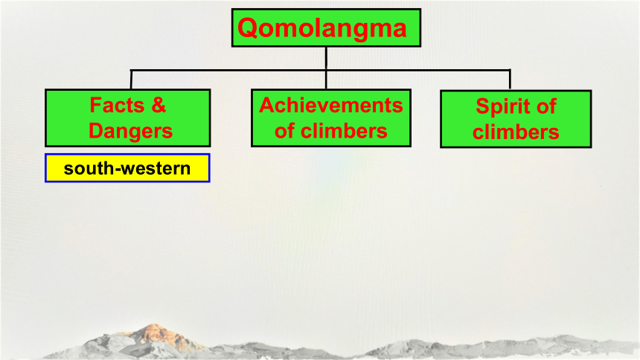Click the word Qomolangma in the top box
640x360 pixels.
coord(321,28)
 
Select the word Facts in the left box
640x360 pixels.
coord(117,105)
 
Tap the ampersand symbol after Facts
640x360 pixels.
coord(159,105)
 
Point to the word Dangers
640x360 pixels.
coord(131,131)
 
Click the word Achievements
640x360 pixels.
coord(331,106)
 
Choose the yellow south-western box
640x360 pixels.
coord(127,168)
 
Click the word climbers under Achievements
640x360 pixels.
coord(344,131)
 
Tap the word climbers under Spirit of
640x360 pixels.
coord(516,132)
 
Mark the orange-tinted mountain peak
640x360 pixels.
coord(153,332)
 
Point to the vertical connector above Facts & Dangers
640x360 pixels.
coord(131,80)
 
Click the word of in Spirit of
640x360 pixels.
coord(546,106)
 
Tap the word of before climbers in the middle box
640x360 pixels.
coord(284,131)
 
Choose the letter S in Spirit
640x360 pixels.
coord(483,106)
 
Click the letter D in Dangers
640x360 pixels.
coord(96,131)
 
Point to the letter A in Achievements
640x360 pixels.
coord(267,106)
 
